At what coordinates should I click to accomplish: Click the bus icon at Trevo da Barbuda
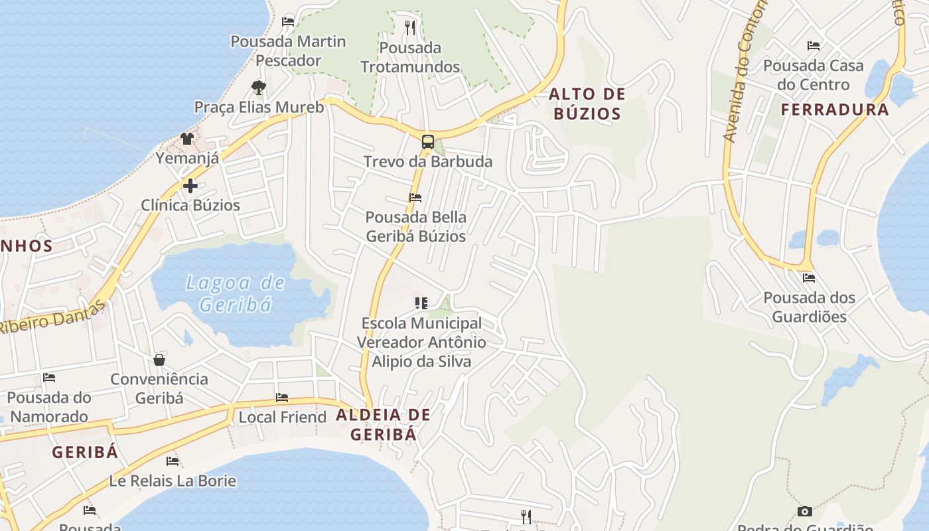428,141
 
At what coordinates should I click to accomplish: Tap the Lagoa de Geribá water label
236,293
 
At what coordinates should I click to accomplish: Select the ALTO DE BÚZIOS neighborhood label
587,104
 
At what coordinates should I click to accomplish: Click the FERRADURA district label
835,110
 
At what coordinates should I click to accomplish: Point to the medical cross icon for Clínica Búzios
190,186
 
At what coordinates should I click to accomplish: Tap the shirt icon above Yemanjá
187,139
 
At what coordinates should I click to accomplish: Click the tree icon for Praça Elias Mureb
259,87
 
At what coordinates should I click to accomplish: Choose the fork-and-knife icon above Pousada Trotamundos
410,28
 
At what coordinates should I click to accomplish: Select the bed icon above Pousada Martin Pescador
288,22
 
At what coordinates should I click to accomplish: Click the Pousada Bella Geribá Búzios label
416,226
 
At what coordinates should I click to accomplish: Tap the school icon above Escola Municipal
421,303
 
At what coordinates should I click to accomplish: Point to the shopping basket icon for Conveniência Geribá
159,360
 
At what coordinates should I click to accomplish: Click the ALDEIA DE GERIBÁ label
384,425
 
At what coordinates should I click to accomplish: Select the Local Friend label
283,417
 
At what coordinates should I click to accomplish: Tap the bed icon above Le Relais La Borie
173,461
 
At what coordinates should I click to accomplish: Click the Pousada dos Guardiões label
810,307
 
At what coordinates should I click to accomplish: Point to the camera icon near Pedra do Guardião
804,511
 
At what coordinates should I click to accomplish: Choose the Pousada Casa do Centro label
814,75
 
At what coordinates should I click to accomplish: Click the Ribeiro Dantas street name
53,318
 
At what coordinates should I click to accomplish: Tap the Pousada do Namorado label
49,407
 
